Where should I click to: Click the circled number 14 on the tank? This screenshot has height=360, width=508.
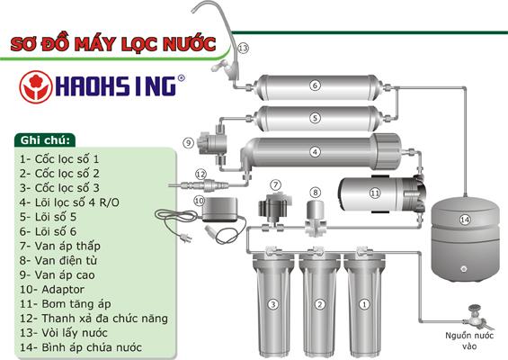pos(465,220)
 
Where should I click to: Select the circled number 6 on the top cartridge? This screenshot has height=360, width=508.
pos(316,86)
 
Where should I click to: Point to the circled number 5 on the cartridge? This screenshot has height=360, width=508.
pos(316,117)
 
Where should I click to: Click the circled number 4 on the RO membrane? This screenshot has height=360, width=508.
pos(316,151)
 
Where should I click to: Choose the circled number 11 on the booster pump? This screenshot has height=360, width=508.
pos(376,193)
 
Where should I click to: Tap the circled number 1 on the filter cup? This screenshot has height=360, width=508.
pos(363,304)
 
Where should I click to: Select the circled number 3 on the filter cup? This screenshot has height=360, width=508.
pos(271,304)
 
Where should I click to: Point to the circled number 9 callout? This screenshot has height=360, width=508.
pos(188,142)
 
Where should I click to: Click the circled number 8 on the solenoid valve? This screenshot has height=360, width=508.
pos(316,192)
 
